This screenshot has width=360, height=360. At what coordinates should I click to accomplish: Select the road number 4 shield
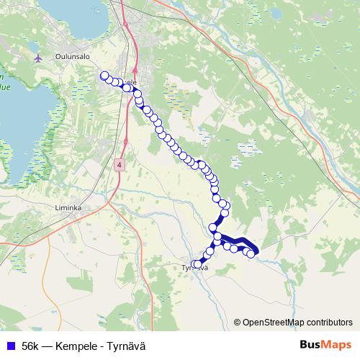(119, 165)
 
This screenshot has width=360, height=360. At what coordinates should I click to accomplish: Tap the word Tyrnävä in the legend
(125, 346)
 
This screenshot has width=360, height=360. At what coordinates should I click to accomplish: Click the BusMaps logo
(325, 345)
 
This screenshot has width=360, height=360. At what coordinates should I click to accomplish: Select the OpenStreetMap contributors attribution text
(296, 323)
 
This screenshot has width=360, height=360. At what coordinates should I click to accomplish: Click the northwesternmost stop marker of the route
(104, 76)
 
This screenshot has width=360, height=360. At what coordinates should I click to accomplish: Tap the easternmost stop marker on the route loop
(251, 253)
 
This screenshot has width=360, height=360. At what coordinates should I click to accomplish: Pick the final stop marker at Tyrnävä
(194, 264)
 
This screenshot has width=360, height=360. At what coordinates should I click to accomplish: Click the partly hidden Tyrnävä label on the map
(194, 269)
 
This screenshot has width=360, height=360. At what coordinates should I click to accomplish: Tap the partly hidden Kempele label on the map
(132, 81)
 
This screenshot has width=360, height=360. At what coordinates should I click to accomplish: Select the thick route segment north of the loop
(218, 220)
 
